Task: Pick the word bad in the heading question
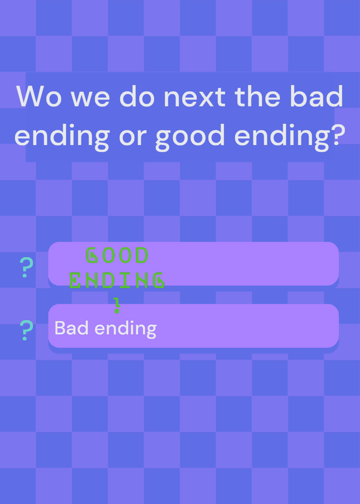pos(316,96)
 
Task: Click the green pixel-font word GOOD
pos(117,255)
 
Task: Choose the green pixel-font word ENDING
pos(117,280)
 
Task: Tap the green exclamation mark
pos(117,305)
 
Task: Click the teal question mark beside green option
pos(26,267)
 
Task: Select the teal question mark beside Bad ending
pos(26,330)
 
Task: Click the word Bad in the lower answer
pos(71,328)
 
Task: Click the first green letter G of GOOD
pos(91,255)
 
